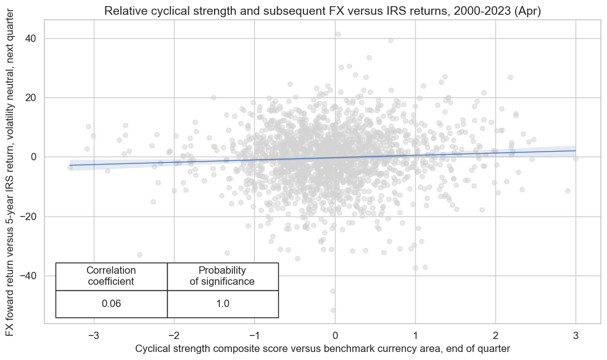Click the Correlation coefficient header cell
pyautogui.click(x=111, y=276)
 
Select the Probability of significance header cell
pyautogui.click(x=222, y=276)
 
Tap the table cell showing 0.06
pyautogui.click(x=111, y=304)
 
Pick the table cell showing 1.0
pyautogui.click(x=222, y=304)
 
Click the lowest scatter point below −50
pyautogui.click(x=333, y=310)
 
